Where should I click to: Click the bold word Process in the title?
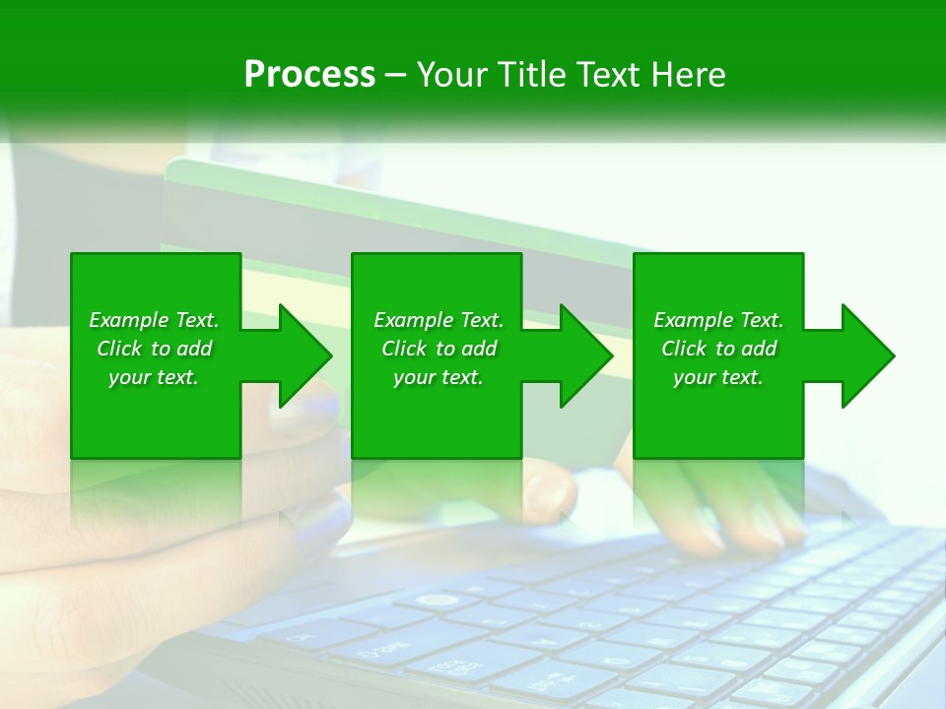point(309,75)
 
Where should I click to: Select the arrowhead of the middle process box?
point(585,355)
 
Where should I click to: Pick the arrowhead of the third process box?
point(867,355)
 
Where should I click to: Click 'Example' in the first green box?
point(129,320)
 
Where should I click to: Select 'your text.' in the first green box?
point(154,377)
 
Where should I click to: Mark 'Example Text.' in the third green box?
point(718,320)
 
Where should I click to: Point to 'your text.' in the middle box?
point(439,377)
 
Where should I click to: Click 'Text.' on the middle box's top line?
point(481,320)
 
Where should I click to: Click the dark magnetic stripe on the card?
point(394,212)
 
